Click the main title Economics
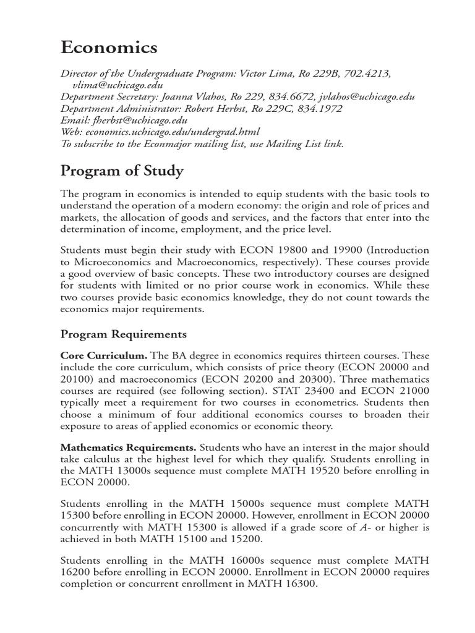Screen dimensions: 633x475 tap(108, 48)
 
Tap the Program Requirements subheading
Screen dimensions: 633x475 tap(123, 334)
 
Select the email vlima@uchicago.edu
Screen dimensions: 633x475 tap(118, 85)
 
